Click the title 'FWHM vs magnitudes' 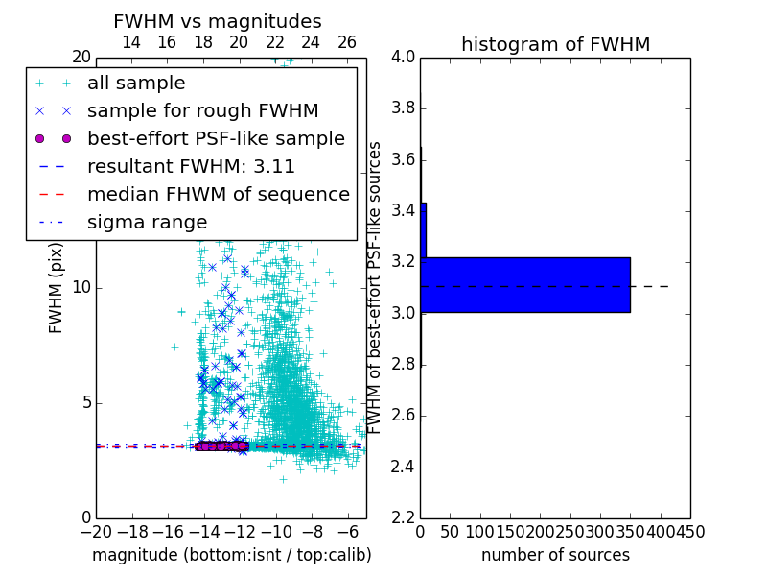tap(218, 21)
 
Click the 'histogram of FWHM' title tap(555, 44)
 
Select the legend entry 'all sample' tap(136, 84)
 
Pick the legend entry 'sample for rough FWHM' tap(202, 111)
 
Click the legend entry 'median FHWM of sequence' tap(218, 194)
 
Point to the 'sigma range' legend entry tap(147, 222)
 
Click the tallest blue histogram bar tap(524, 284)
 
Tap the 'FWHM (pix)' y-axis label tap(57, 286)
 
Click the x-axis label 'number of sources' tap(555, 555)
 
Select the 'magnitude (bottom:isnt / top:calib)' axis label tap(231, 555)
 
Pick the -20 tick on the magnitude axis tap(96, 532)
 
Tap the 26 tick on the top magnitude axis tap(346, 42)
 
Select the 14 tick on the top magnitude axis tap(131, 42)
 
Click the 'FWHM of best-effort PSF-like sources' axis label tap(376, 287)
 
